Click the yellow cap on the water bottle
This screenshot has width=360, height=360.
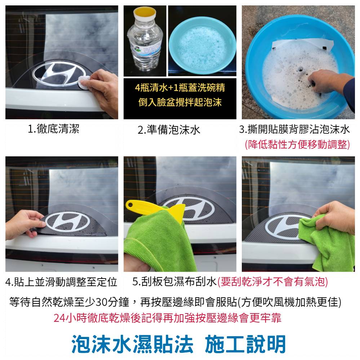[x=145, y=13]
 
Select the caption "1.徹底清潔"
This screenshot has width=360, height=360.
[x=53, y=129]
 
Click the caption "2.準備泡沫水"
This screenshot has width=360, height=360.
[x=169, y=130]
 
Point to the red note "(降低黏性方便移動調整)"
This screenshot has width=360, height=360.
[x=297, y=145]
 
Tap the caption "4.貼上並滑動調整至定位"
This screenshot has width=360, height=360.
[x=61, y=282]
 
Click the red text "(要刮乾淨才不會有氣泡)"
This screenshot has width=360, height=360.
[x=272, y=282]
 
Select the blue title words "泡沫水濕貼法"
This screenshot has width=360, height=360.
[x=132, y=344]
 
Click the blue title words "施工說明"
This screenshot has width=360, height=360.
[x=245, y=344]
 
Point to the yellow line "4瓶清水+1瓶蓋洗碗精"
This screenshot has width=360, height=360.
[x=180, y=88]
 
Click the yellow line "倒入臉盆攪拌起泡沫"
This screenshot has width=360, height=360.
[x=180, y=102]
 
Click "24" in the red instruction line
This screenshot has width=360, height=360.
[x=59, y=318]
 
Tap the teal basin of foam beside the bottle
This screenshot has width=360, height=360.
[x=203, y=48]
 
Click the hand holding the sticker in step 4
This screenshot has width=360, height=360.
[x=24, y=224]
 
